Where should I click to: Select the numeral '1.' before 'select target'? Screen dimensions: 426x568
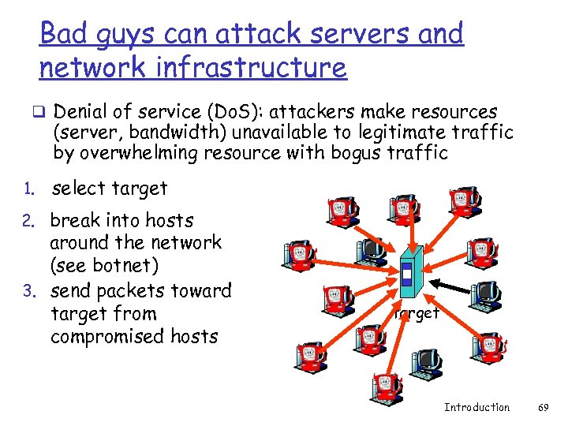point(29,189)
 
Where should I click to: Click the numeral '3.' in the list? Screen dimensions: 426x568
point(29,291)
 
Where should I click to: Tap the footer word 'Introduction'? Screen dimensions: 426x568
point(476,407)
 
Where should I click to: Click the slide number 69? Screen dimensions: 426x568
point(543,407)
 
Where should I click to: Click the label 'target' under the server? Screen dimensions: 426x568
point(417,313)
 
